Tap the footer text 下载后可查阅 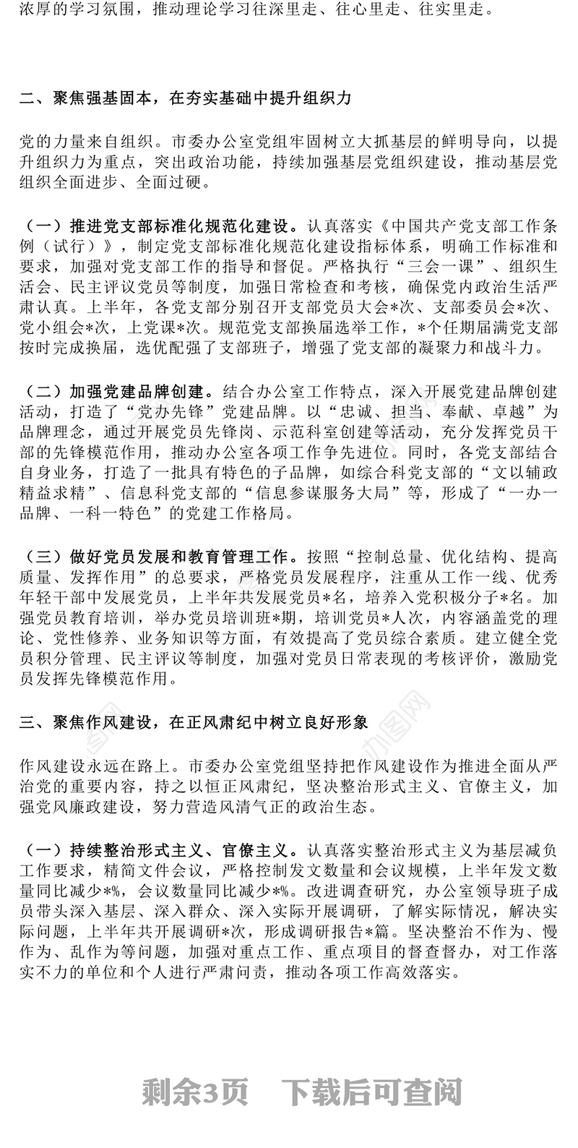[x=373, y=1092]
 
